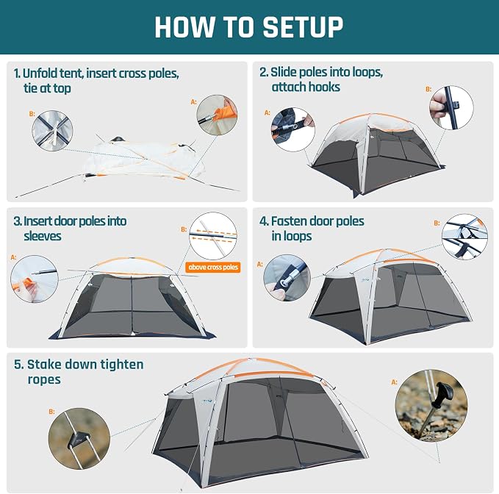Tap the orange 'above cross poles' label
pyautogui.click(x=213, y=267)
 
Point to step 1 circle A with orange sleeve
pyautogui.click(x=217, y=115)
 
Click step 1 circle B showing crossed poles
pyautogui.click(x=52, y=131)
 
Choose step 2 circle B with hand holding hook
pyautogui.click(x=451, y=107)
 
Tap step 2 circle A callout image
pyautogui.click(x=293, y=129)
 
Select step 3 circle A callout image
pyautogui.click(x=35, y=279)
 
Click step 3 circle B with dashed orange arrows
pyautogui.click(x=213, y=236)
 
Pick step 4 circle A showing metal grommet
pyautogui.click(x=287, y=278)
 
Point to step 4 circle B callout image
pyautogui.click(x=464, y=237)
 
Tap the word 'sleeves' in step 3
pyautogui.click(x=43, y=236)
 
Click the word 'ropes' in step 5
pyautogui.click(x=44, y=380)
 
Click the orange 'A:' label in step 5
pyautogui.click(x=395, y=382)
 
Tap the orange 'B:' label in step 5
pyautogui.click(x=51, y=412)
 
